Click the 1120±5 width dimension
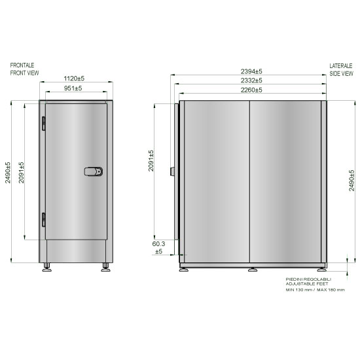click(74, 79)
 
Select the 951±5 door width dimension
click(73, 88)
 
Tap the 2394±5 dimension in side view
click(251, 71)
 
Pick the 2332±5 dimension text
click(251, 81)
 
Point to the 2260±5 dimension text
click(251, 90)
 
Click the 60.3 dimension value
click(158, 243)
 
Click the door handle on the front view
click(93, 171)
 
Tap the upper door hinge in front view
click(43, 124)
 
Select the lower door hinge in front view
click(43, 220)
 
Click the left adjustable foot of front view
click(47, 268)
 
